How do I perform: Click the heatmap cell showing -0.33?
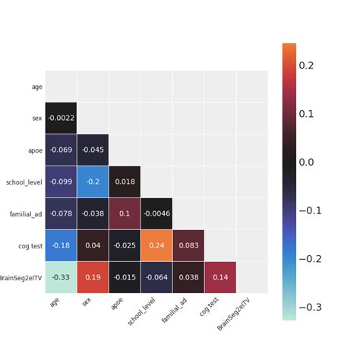(61, 277)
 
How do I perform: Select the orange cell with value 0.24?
(156, 245)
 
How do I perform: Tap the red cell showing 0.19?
(93, 277)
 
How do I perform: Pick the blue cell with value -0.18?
(61, 245)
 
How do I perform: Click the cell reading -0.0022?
(61, 118)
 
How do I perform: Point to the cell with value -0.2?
(93, 182)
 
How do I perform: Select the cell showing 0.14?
(220, 277)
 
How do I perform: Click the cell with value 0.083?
(188, 245)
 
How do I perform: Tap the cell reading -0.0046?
(156, 213)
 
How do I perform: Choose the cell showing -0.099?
(61, 182)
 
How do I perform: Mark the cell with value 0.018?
(125, 182)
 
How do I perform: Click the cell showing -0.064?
(156, 277)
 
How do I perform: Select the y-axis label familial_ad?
(26, 214)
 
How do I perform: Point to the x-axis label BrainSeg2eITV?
(233, 314)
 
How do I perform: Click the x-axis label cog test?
(203, 308)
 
